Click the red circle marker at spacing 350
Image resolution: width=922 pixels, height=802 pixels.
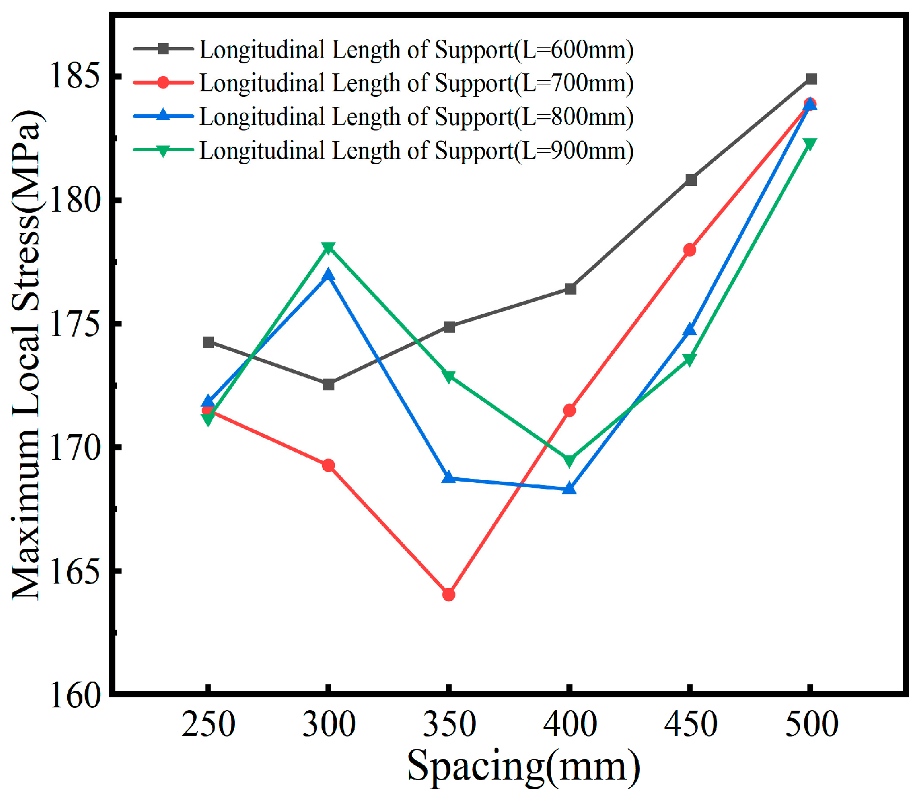click(449, 594)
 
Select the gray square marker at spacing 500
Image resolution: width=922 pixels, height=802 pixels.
click(811, 79)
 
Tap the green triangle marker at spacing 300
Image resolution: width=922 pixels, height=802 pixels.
click(329, 248)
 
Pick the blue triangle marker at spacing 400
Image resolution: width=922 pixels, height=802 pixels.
click(569, 488)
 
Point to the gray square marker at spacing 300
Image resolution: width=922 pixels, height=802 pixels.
click(329, 384)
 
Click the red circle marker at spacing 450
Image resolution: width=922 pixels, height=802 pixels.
click(690, 250)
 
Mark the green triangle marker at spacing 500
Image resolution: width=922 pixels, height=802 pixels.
click(810, 144)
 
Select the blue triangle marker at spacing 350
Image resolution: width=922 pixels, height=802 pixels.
click(449, 477)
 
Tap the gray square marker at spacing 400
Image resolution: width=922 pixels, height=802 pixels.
click(570, 289)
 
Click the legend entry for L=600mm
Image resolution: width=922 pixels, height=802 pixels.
click(416, 50)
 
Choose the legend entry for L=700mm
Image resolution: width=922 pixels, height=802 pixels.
click(416, 83)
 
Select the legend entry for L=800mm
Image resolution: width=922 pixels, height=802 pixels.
click(416, 116)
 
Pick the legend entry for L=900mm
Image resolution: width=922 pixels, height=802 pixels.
click(416, 151)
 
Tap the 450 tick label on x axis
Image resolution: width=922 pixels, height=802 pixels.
click(690, 724)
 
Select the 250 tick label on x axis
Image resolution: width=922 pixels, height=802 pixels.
click(208, 724)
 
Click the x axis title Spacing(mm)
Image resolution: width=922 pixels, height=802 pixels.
click(524, 766)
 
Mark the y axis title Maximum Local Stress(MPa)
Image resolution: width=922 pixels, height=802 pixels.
click(27, 354)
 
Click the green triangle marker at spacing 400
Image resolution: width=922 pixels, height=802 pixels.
click(569, 460)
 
